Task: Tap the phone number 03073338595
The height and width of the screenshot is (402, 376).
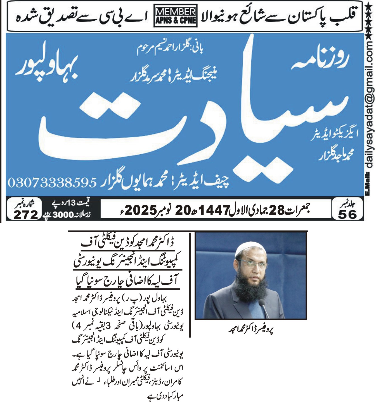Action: pyautogui.click(x=52, y=183)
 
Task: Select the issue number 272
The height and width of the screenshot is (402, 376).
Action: pyautogui.click(x=26, y=214)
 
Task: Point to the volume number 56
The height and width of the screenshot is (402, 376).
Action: pyautogui.click(x=347, y=214)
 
